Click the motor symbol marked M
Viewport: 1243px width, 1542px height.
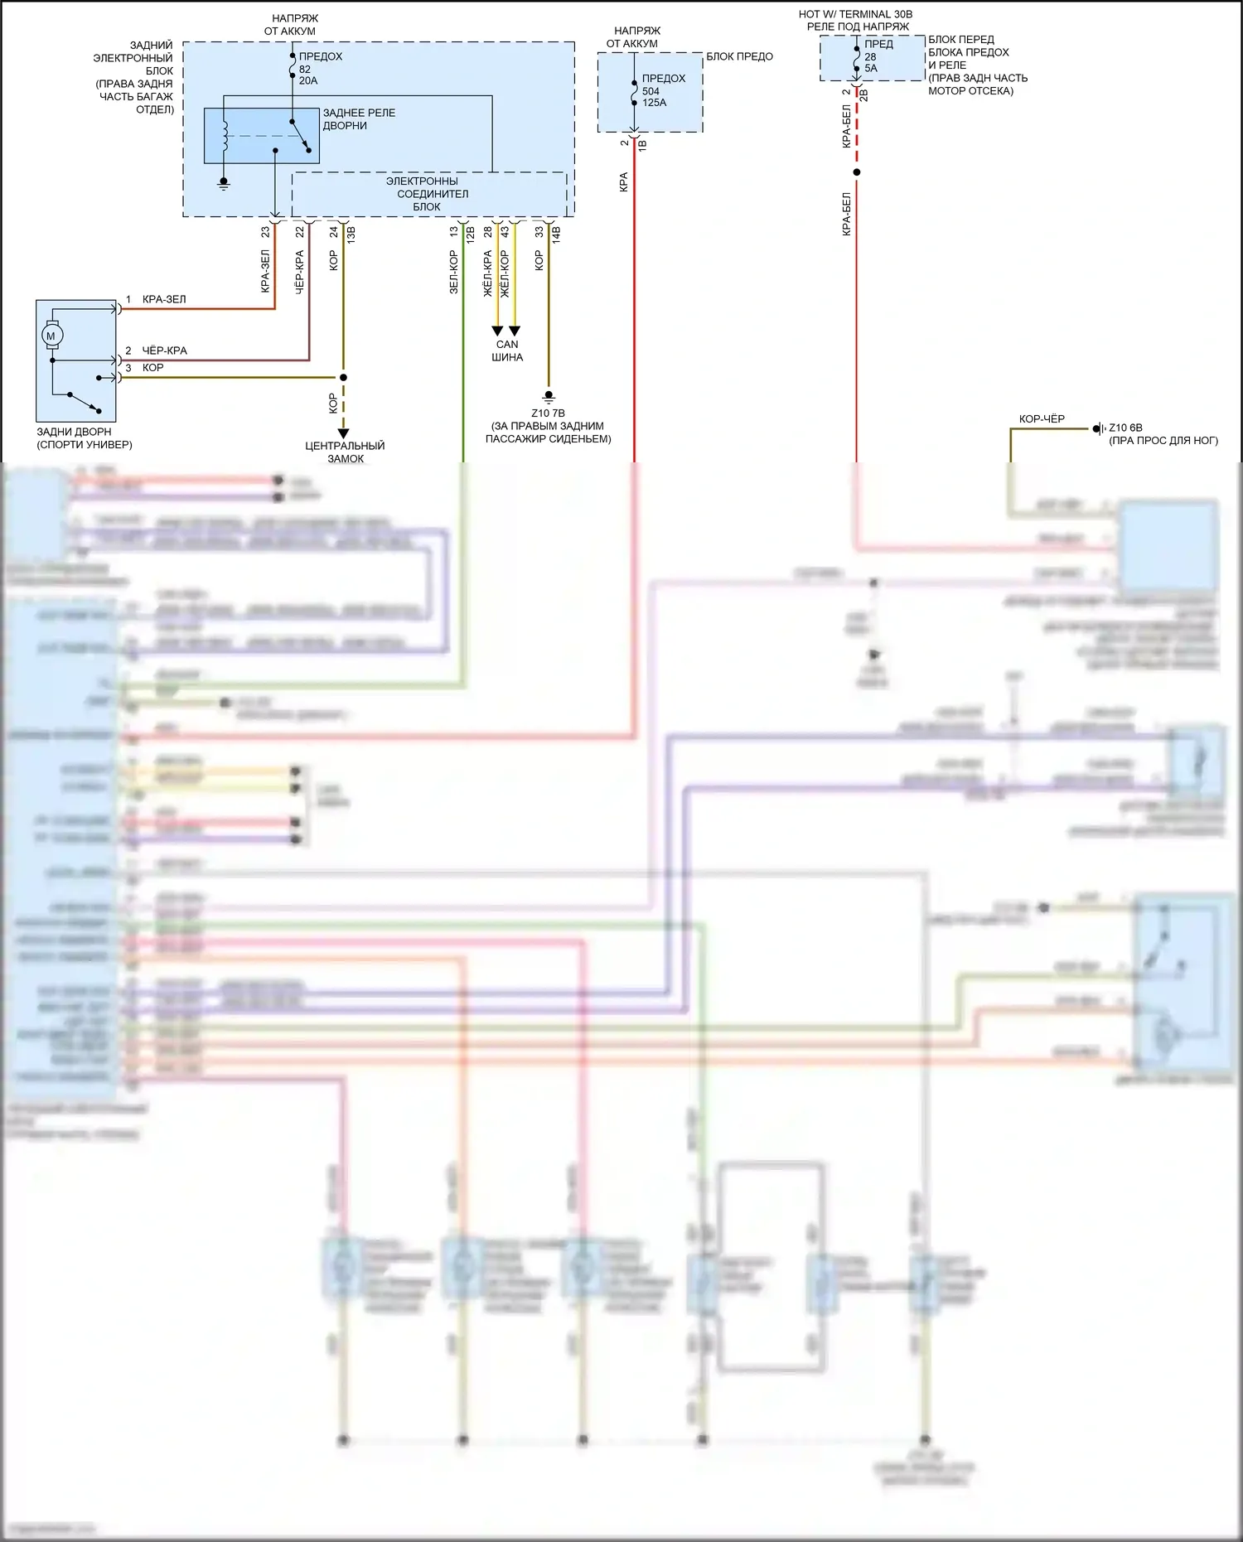tap(51, 336)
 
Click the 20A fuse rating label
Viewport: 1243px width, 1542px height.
tap(308, 81)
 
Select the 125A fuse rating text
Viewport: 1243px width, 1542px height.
tap(655, 103)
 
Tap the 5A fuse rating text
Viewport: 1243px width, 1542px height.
tap(871, 69)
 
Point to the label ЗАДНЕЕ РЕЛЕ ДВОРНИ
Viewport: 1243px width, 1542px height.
tap(359, 119)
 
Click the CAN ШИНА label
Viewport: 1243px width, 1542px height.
tap(507, 350)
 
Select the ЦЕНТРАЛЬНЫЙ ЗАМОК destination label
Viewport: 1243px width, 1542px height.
tap(345, 452)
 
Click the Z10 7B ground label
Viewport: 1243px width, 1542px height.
tap(548, 413)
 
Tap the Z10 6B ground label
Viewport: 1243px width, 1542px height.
tap(1125, 428)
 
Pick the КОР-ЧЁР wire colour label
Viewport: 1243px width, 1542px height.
tap(1042, 419)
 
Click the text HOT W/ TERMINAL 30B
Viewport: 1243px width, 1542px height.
tap(855, 14)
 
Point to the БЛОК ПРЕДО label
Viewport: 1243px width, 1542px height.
tap(739, 56)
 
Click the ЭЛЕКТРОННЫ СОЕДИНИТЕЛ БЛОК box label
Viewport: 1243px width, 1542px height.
tap(428, 194)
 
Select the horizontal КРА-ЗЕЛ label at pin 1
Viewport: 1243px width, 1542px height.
tap(164, 299)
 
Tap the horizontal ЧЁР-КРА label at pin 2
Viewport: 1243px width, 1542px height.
tap(164, 350)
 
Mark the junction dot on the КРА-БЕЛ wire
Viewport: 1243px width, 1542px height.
tap(857, 172)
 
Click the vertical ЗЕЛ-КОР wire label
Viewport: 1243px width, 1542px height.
tap(453, 272)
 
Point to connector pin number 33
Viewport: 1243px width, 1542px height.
tap(539, 232)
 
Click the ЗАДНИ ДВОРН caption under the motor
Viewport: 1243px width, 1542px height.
tap(75, 432)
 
